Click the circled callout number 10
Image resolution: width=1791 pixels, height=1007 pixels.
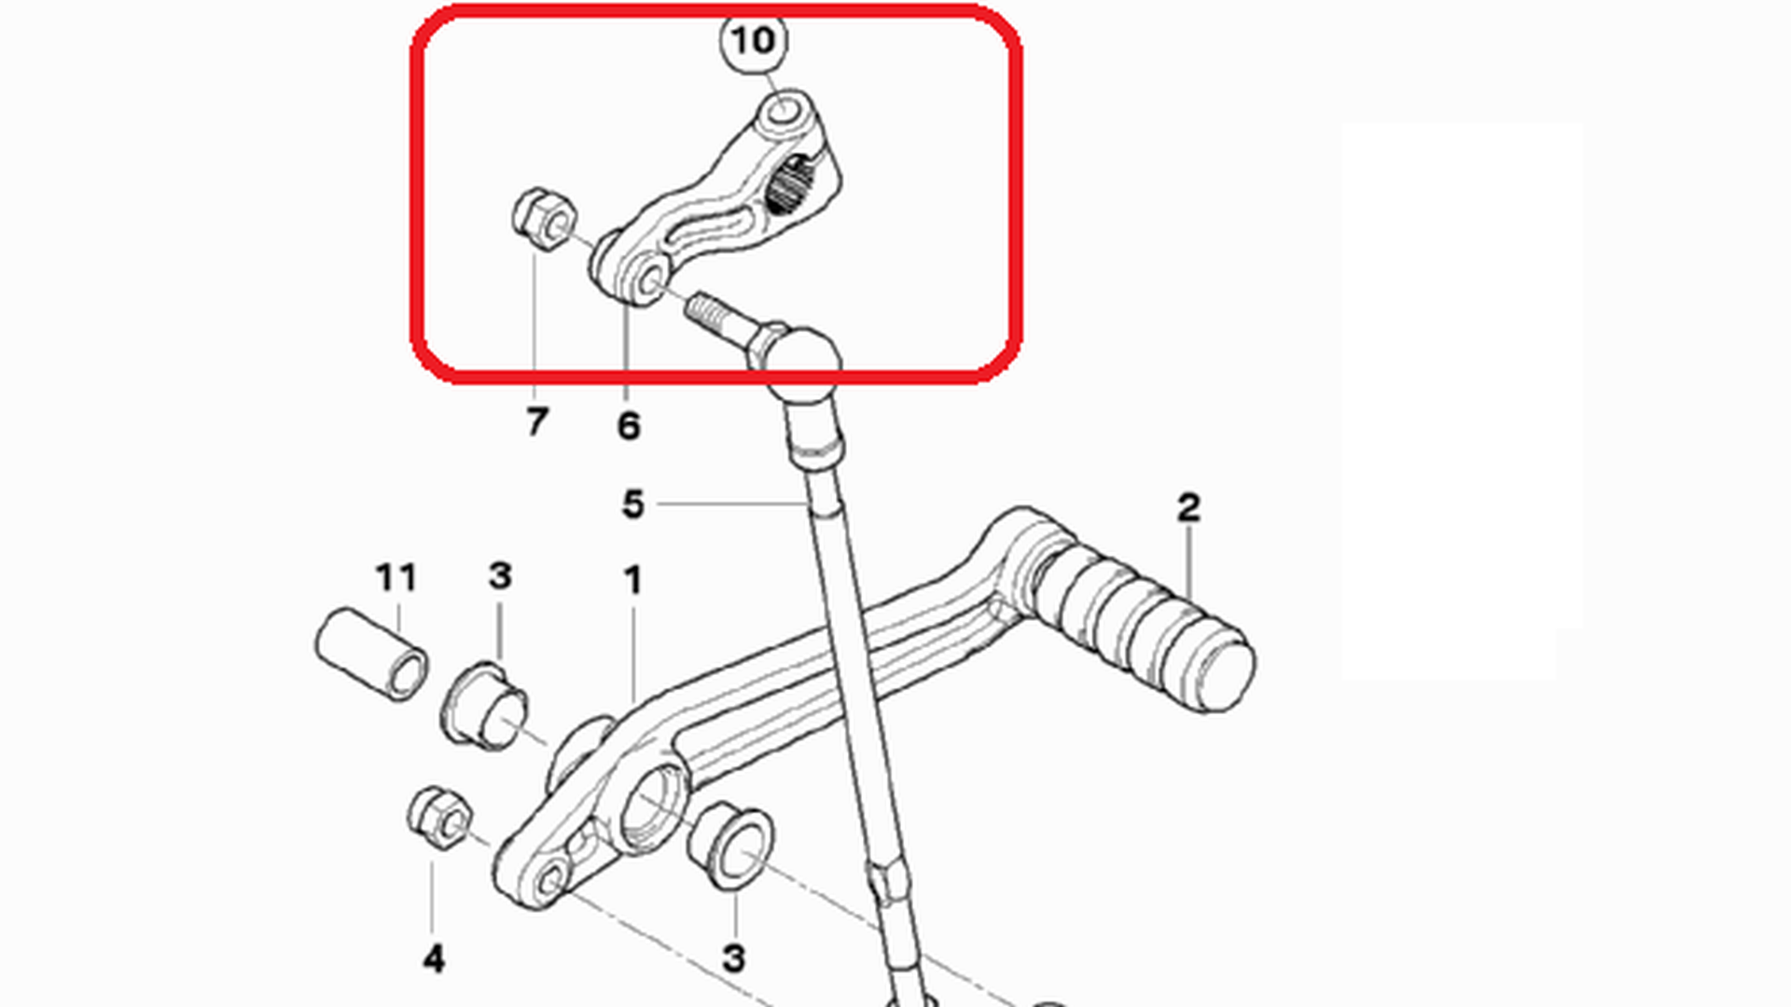coord(754,41)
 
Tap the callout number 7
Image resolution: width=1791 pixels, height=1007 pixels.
coord(536,421)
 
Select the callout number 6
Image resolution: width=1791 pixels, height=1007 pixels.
coord(629,425)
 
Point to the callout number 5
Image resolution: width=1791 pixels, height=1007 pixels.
coord(633,504)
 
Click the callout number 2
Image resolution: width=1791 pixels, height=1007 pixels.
coord(1188,508)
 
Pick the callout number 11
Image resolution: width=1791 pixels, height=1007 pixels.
coord(396,577)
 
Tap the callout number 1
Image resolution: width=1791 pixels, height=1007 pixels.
coord(633,581)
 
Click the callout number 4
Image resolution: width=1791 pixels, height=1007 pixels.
coord(433,959)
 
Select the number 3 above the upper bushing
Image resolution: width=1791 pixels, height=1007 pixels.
coord(500,575)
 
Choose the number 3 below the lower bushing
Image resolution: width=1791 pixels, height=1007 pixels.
coord(734,958)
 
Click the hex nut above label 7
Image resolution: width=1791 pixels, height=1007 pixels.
coord(544,218)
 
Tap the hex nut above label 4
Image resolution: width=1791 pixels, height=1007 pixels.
coord(439,818)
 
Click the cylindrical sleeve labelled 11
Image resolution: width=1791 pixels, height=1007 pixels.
coord(372,654)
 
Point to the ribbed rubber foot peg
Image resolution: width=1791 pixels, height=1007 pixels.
coord(1144,628)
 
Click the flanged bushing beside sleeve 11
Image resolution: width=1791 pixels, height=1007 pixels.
coord(483,704)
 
